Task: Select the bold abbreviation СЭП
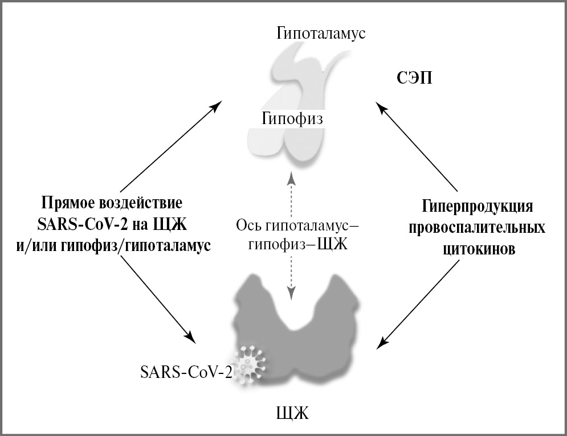(414, 78)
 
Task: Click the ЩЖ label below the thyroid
(292, 412)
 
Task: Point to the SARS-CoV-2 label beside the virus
(186, 373)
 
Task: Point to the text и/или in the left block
(35, 245)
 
